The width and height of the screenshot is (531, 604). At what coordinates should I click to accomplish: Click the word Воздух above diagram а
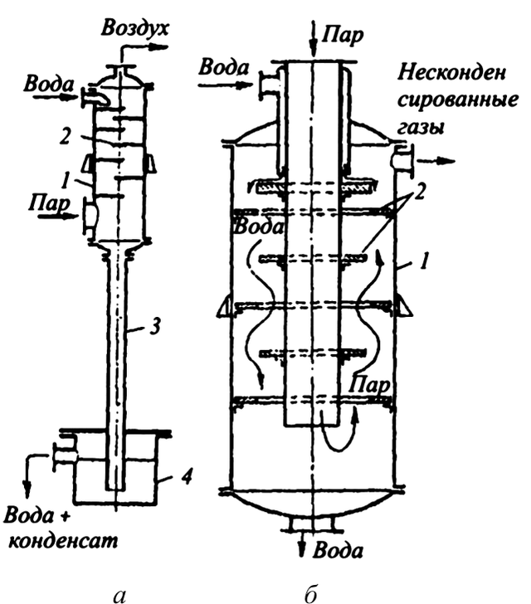[x=135, y=29]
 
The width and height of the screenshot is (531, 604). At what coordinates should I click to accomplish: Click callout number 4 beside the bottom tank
[x=186, y=476]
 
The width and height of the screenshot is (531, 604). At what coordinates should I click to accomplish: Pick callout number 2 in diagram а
[x=66, y=135]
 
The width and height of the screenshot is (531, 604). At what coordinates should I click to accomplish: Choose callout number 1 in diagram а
[x=66, y=180]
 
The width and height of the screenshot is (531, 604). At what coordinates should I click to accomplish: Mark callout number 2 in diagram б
[x=418, y=191]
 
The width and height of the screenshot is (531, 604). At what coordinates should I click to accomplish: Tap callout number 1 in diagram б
[x=424, y=261]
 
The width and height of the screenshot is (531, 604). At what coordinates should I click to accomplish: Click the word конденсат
[x=62, y=541]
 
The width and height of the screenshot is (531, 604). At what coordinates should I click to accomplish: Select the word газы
[x=421, y=127]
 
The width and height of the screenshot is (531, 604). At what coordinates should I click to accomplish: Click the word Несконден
[x=452, y=72]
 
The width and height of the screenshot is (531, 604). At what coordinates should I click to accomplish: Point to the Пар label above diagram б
[x=343, y=36]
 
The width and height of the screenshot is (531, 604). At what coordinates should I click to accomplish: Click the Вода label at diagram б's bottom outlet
[x=338, y=550]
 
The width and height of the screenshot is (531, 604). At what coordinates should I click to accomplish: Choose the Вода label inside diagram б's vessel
[x=259, y=226]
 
